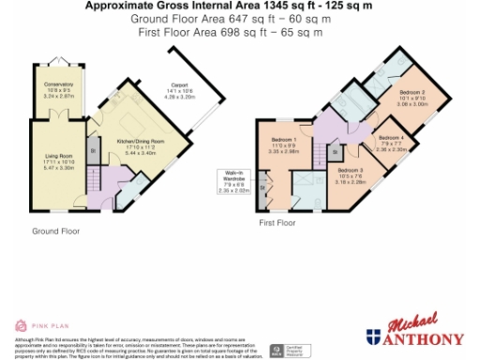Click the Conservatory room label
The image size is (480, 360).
click(58, 88)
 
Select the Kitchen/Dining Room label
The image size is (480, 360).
click(140, 143)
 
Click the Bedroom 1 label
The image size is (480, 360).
click(282, 141)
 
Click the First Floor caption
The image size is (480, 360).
click(278, 223)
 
